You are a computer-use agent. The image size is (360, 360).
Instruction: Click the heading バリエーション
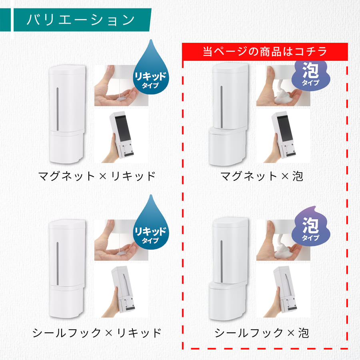point(80,20)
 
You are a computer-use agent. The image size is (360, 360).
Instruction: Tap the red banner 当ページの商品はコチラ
point(265,51)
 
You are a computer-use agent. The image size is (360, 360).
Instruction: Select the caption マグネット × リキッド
point(96,176)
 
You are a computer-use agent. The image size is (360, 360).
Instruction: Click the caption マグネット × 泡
point(262,176)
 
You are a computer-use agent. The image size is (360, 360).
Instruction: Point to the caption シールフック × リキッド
point(96,332)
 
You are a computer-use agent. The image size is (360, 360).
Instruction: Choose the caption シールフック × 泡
point(262,332)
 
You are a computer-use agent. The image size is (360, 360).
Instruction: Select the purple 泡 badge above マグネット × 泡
point(311,74)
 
